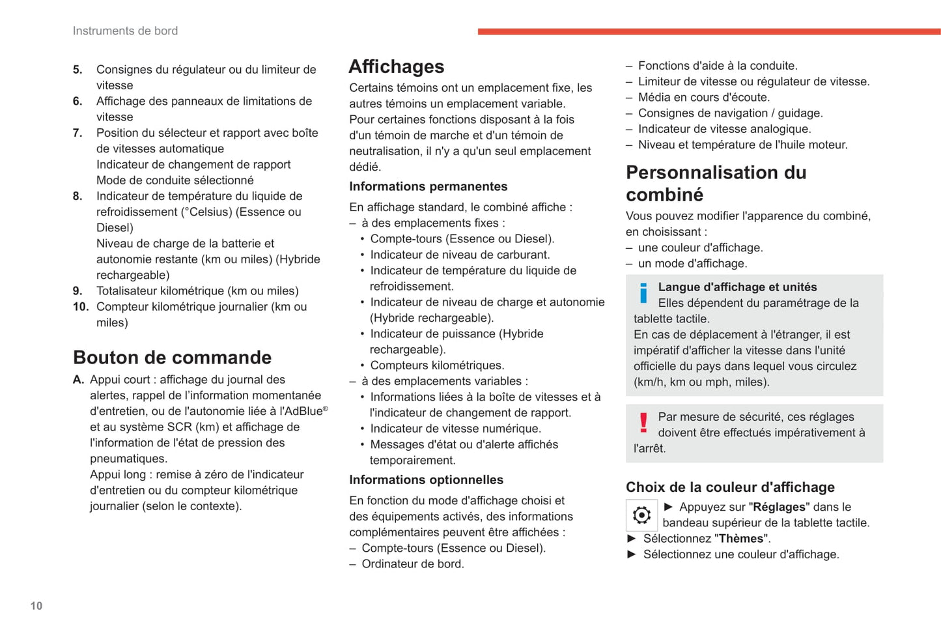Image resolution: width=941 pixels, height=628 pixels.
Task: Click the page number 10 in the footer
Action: pyautogui.click(x=36, y=606)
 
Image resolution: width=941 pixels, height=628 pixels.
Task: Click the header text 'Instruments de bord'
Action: pyautogui.click(x=125, y=31)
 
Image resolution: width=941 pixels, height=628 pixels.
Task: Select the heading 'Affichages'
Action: pyautogui.click(x=396, y=66)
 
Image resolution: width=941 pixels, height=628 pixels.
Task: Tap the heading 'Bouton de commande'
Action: pyautogui.click(x=172, y=357)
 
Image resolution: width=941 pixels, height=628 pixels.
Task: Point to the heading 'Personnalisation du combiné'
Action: pyautogui.click(x=716, y=183)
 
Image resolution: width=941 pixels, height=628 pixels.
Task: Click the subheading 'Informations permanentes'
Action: pyautogui.click(x=428, y=186)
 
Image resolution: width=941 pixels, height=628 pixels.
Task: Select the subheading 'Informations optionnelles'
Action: pyautogui.click(x=426, y=479)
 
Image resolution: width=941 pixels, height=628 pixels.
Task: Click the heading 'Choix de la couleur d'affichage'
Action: pyautogui.click(x=730, y=487)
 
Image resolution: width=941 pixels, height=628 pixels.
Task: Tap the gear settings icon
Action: pyautogui.click(x=641, y=515)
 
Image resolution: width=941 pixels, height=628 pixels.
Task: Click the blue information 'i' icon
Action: pyautogui.click(x=643, y=293)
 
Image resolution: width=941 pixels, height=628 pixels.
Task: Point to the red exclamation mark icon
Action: pyautogui.click(x=643, y=423)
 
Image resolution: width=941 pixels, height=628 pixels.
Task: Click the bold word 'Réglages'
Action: pyautogui.click(x=779, y=507)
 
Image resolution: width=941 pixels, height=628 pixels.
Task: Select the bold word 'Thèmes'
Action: pyautogui.click(x=741, y=539)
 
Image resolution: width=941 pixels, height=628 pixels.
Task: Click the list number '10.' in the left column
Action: pyautogui.click(x=81, y=307)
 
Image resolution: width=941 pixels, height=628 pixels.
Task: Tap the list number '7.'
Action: pyautogui.click(x=77, y=133)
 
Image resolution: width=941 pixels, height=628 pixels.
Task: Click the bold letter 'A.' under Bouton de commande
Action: pyautogui.click(x=79, y=380)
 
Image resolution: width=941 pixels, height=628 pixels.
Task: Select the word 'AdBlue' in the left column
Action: pyautogui.click(x=303, y=412)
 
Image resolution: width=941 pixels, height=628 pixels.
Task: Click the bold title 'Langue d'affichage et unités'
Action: pyautogui.click(x=737, y=287)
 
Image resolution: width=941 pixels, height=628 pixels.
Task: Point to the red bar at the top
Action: pyautogui.click(x=709, y=31)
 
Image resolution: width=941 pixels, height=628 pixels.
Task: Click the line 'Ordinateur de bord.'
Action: pyautogui.click(x=412, y=564)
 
